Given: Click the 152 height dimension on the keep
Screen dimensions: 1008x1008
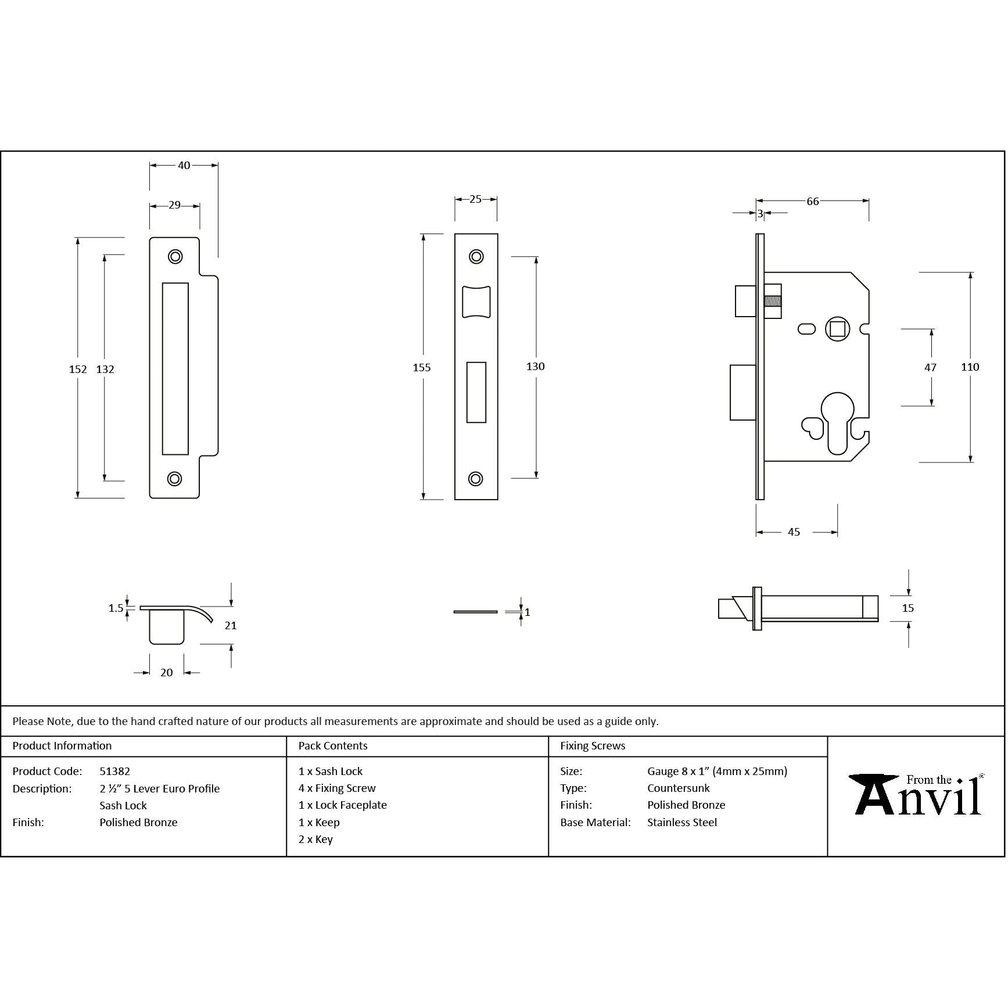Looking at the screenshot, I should [x=77, y=370].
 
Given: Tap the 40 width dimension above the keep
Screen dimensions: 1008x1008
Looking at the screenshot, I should [x=184, y=166].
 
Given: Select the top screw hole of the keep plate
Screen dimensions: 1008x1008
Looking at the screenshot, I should [x=175, y=257].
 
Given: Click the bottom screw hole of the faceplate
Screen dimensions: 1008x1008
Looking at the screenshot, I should [x=476, y=479].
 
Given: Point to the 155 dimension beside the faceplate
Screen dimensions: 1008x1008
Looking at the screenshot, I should [x=422, y=368].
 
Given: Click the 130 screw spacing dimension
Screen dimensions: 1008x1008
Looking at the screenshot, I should [x=535, y=367].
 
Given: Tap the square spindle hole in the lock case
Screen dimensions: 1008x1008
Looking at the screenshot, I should [x=837, y=329].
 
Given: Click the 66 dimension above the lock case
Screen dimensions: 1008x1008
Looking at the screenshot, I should [x=812, y=202].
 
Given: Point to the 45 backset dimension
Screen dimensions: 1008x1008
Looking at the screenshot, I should [x=794, y=532].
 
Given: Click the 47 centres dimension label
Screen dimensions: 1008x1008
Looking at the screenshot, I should [x=930, y=368].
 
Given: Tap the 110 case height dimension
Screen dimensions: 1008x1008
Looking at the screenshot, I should [x=970, y=367].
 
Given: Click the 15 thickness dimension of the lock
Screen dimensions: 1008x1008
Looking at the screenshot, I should [x=907, y=608].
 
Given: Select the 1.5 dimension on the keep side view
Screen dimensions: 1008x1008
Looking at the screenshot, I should [x=116, y=608].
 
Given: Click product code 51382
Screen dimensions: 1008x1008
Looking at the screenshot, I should [x=114, y=772].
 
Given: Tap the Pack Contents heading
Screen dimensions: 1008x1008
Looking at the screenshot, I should [x=332, y=746].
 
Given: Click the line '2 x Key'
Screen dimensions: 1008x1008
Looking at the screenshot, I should [x=315, y=840].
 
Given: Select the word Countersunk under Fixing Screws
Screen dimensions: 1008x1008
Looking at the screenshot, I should [x=678, y=788].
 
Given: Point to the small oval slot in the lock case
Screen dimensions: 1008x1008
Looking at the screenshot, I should [x=806, y=329].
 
